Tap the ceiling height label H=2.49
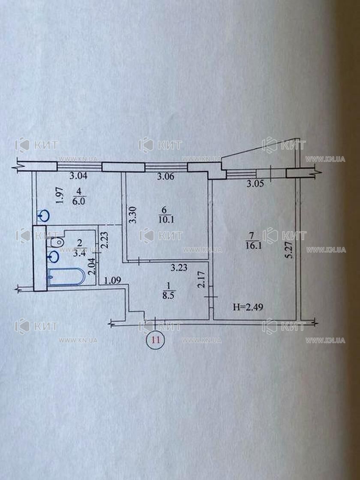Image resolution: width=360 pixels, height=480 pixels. pyautogui.click(x=246, y=307)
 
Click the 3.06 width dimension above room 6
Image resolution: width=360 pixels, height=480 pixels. pyautogui.click(x=165, y=175)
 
